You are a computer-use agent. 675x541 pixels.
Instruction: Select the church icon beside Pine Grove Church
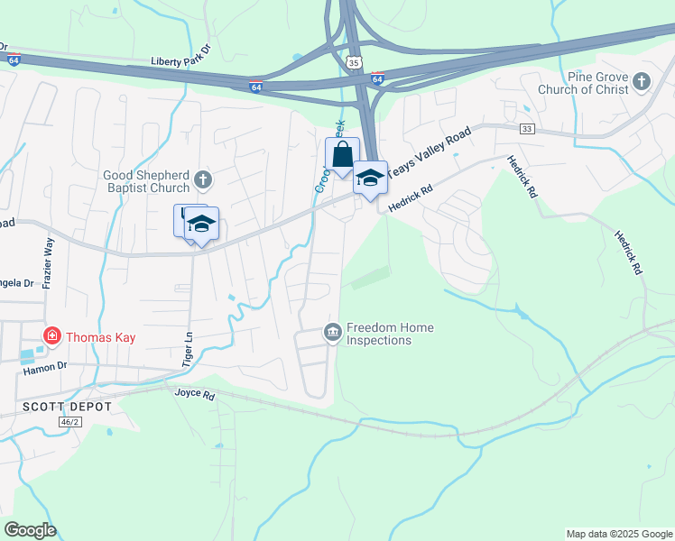(x=642, y=83)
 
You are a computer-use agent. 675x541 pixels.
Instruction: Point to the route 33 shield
(x=527, y=130)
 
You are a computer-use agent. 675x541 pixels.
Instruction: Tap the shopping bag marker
(x=343, y=154)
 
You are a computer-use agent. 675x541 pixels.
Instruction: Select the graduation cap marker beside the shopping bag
(x=369, y=178)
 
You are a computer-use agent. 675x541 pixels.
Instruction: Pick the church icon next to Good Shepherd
(x=203, y=179)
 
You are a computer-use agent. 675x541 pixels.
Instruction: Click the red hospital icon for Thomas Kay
(x=52, y=337)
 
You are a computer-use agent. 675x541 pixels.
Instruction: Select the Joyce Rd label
(x=195, y=394)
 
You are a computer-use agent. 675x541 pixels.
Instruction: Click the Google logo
(x=30, y=530)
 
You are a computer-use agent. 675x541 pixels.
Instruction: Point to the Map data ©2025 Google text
(x=618, y=534)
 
